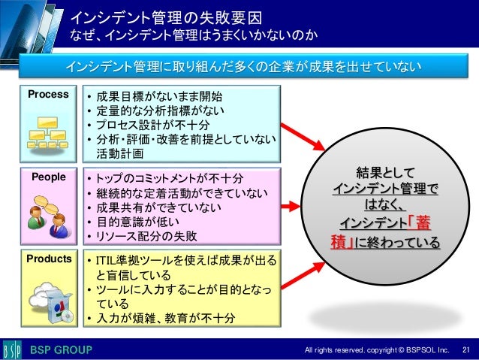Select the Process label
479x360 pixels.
click(x=48, y=95)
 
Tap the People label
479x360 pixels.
click(x=48, y=177)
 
